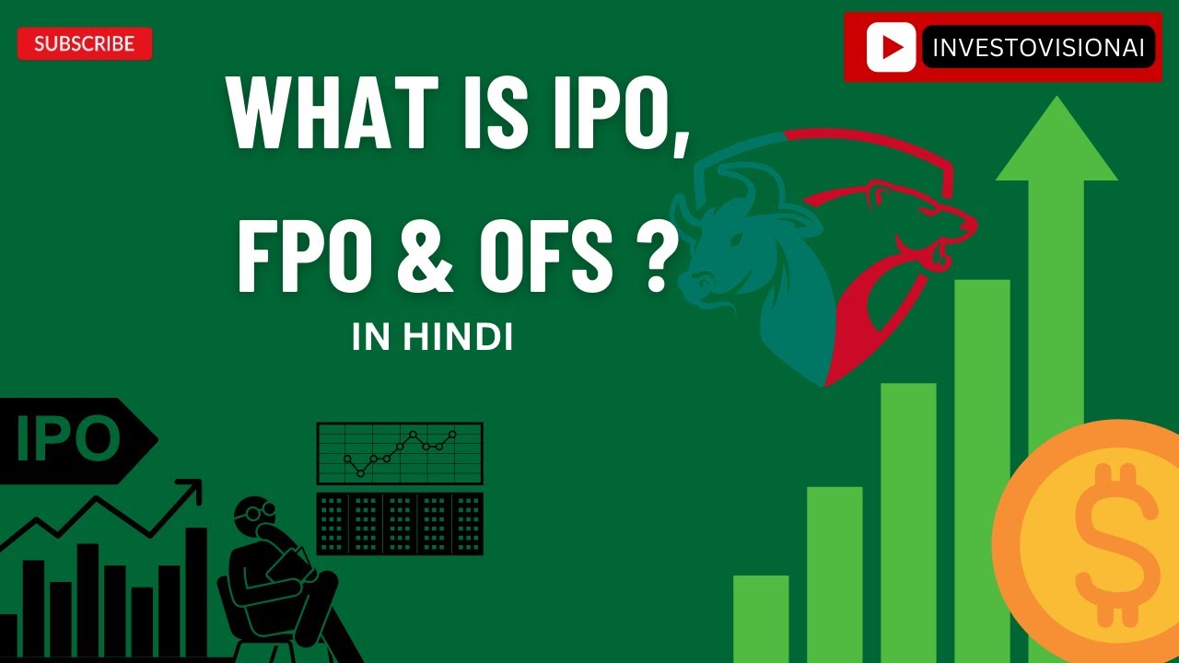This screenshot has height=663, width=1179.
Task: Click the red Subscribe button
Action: tap(84, 43)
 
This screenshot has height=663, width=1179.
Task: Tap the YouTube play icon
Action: tap(891, 47)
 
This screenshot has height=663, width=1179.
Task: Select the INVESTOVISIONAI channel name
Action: tap(1038, 48)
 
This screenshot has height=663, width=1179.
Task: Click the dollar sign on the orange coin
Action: tap(1110, 544)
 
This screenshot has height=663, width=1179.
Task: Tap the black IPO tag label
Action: tap(69, 441)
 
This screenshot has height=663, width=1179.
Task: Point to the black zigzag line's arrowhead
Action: tap(193, 487)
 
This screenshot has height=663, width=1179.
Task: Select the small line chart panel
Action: tap(400, 453)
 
